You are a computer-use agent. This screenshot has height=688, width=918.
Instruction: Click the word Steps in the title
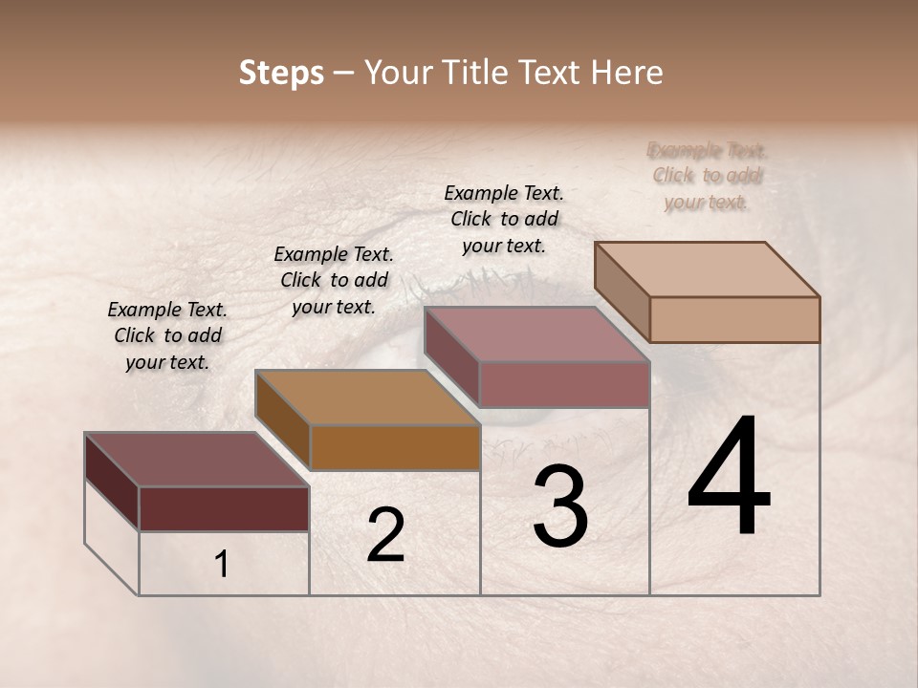pyautogui.click(x=281, y=73)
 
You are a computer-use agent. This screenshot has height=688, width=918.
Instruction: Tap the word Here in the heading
pyautogui.click(x=625, y=73)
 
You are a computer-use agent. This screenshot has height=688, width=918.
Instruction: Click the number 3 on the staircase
pyautogui.click(x=560, y=507)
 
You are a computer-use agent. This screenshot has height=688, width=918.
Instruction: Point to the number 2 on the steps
pyautogui.click(x=385, y=535)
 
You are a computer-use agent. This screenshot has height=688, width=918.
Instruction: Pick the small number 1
pyautogui.click(x=222, y=564)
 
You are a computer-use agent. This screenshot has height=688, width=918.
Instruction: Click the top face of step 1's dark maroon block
pyautogui.click(x=196, y=460)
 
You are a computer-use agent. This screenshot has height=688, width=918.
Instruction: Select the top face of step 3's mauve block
pyautogui.click(x=536, y=334)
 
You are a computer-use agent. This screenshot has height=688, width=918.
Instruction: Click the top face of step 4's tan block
pyautogui.click(x=707, y=269)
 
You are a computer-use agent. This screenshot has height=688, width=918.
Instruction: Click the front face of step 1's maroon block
pyautogui.click(x=224, y=508)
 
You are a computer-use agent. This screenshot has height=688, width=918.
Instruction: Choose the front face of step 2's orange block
pyautogui.click(x=395, y=447)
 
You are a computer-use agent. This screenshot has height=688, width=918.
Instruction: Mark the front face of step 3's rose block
pyautogui.click(x=564, y=384)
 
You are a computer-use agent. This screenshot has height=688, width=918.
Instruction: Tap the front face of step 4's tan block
pyautogui.click(x=734, y=319)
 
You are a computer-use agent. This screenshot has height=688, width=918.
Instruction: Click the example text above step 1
pyautogui.click(x=167, y=335)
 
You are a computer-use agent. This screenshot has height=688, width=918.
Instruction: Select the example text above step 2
pyautogui.click(x=334, y=280)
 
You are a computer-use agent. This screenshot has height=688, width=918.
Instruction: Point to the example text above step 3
pyautogui.click(x=504, y=219)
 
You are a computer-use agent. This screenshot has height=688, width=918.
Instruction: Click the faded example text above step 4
pyautogui.click(x=707, y=175)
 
